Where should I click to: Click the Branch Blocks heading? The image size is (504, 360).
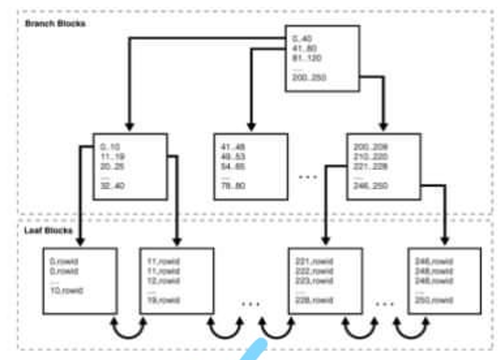(55, 24)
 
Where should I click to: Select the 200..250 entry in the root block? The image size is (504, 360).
(309, 78)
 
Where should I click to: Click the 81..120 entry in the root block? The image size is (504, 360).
(306, 58)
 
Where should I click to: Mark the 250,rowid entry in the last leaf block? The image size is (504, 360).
(434, 300)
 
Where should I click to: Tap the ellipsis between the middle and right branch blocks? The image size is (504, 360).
(307, 177)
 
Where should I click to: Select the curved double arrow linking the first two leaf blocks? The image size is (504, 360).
(129, 327)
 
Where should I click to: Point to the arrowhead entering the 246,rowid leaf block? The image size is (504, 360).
(445, 241)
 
